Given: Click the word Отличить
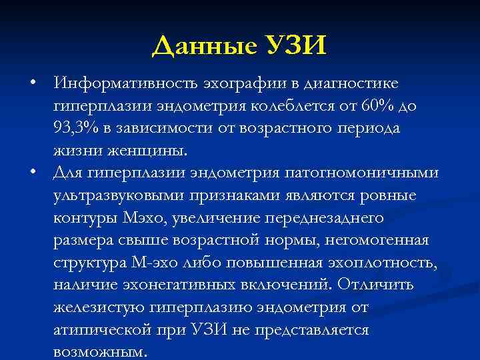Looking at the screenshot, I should point(375,286).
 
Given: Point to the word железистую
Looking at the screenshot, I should point(97,309).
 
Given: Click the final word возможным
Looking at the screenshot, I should point(101,352).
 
